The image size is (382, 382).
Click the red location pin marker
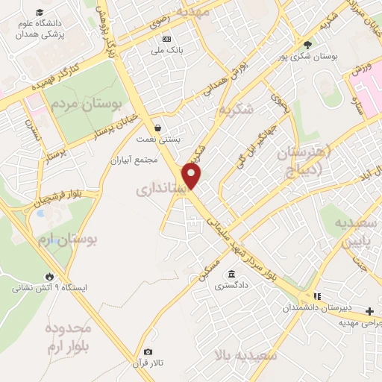(x=192, y=176)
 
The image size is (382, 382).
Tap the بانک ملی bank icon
(x=166, y=39)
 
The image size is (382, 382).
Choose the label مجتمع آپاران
(x=135, y=160)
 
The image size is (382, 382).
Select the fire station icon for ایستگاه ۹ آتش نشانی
(x=50, y=275)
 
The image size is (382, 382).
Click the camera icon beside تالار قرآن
(x=148, y=351)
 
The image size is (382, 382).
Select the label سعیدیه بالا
(x=245, y=355)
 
